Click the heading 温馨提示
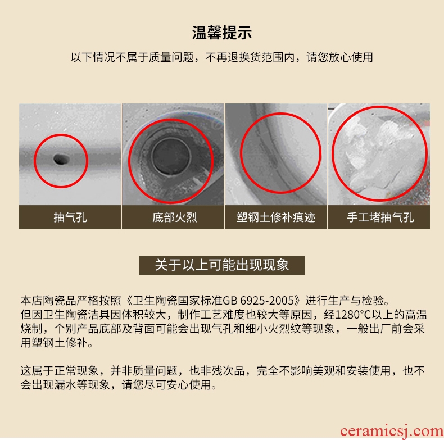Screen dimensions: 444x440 (x=221, y=33)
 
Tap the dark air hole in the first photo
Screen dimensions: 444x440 (x=61, y=159)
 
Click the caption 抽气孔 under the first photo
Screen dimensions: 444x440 (x=70, y=217)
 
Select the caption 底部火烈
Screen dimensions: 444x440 (x=174, y=217)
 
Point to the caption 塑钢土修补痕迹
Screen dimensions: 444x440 (x=276, y=217)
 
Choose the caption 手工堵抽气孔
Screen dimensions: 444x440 (x=380, y=217)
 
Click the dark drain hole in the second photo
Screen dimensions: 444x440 (x=171, y=156)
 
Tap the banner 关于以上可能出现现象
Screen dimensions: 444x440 (x=221, y=265)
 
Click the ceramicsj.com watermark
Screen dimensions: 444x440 (x=392, y=431)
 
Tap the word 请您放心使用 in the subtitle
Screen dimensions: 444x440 (x=340, y=57)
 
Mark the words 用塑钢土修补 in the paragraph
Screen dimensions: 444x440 (x=54, y=343)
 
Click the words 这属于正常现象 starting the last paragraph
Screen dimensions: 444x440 (x=60, y=371)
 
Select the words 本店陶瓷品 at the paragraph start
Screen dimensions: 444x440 (x=48, y=301)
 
